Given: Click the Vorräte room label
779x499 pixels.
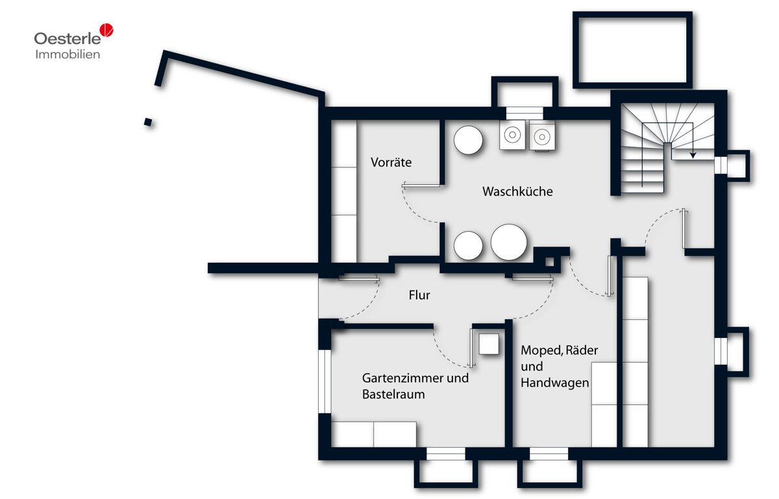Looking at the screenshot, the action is point(391,162).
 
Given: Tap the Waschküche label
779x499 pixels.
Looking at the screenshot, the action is point(517,191).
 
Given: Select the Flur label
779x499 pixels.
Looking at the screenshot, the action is point(419,295).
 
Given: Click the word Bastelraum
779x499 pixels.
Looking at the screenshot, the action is point(393,395).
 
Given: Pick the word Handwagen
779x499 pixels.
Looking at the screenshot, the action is point(554,383).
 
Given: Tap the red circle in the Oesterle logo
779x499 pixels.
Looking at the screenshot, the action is point(106,30).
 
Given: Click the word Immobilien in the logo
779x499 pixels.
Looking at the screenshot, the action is point(68,55).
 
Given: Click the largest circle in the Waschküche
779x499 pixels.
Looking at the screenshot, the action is point(509,242).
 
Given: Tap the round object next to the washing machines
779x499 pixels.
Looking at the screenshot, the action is point(468,140).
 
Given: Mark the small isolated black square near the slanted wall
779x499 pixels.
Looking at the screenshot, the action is point(148,122).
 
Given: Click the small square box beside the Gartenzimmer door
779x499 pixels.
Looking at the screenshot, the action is point(489,344).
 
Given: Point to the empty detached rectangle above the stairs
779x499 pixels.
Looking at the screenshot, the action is point(632,50).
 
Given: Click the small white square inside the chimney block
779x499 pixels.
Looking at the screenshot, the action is point(549,262).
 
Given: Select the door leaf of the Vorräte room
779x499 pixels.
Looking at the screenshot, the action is point(421,186).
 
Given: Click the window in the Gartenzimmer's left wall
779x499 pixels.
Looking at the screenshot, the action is point(325,382).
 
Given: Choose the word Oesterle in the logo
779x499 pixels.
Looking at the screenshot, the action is point(68,38).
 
